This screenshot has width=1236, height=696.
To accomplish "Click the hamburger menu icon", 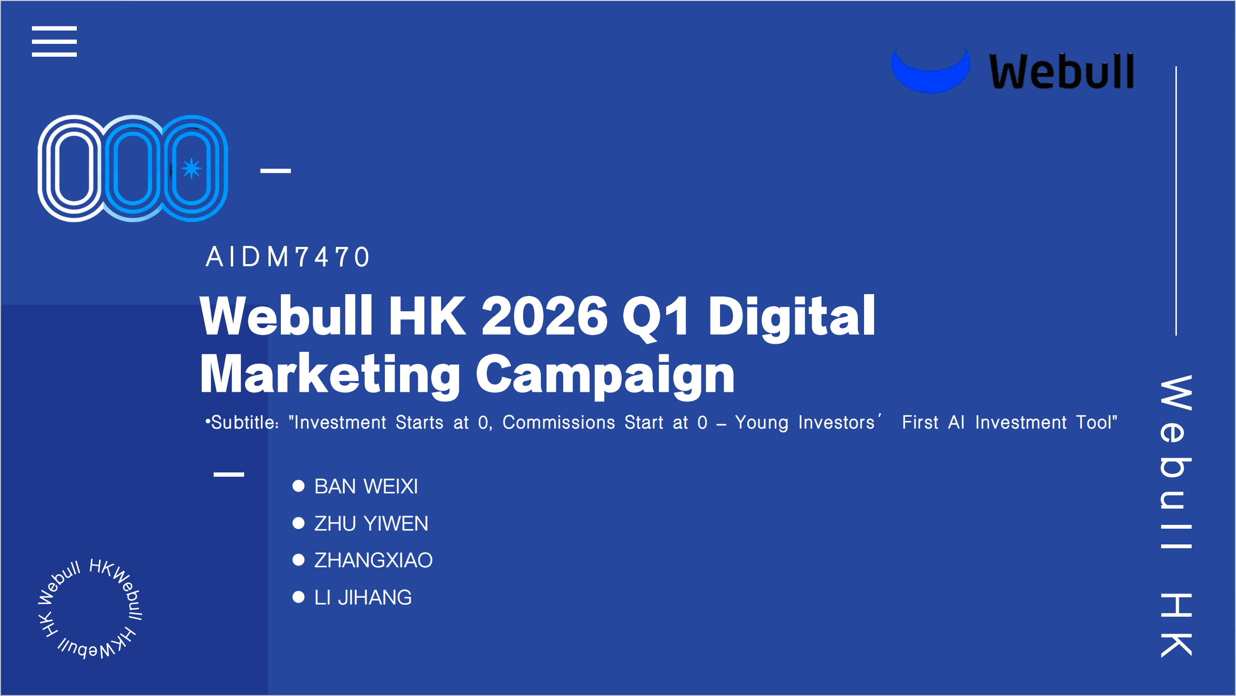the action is (54, 41).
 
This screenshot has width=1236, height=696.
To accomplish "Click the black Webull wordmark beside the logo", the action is (1062, 72).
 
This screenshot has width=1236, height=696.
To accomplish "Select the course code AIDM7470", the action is (288, 256).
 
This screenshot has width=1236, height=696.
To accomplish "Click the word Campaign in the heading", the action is (605, 376).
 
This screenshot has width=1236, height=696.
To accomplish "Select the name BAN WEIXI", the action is (366, 486).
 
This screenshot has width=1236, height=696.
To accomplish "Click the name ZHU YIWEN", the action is (371, 523).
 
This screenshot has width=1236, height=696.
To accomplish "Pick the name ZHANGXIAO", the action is (373, 560).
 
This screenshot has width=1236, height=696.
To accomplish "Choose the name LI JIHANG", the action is (363, 598).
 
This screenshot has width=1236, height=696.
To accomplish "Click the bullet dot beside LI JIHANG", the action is (299, 597).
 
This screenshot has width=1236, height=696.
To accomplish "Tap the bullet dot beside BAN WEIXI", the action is (299, 486).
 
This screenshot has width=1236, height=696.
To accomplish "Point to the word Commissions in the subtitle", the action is (558, 422).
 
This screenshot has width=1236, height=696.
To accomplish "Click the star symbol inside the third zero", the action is (191, 168).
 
